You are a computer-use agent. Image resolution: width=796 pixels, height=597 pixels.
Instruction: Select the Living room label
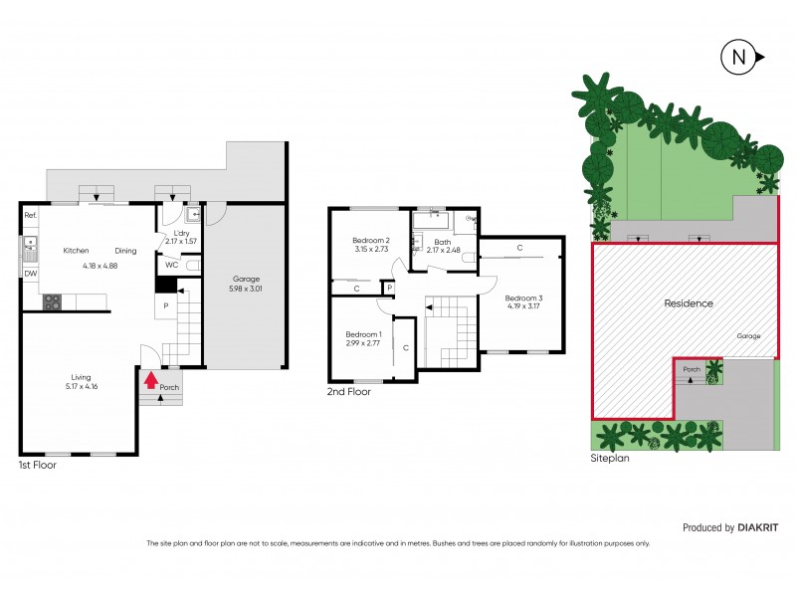point(81,377)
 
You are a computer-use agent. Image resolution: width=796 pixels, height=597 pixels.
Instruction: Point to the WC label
point(171,265)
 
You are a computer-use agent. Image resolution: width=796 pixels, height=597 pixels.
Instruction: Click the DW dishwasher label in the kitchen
point(30,273)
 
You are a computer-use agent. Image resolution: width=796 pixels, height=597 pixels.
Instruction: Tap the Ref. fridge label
point(30,216)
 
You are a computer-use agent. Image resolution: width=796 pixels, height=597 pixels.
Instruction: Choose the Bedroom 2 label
point(370,241)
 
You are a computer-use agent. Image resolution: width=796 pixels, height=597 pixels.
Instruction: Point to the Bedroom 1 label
point(362,334)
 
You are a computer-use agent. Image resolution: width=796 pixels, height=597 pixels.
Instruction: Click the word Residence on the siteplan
point(689,303)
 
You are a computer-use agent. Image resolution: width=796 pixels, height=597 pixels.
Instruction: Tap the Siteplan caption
point(611,460)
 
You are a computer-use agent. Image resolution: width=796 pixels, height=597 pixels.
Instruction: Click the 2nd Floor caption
point(348,392)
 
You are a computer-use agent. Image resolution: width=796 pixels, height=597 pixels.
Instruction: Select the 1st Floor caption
point(38,465)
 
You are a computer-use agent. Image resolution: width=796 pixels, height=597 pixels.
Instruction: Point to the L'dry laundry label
point(181,233)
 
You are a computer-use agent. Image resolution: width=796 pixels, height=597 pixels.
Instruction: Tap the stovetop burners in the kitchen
point(53,302)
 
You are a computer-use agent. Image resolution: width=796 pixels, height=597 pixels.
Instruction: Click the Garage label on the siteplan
point(749,336)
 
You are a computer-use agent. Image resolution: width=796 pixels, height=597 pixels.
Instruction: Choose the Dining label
point(125,251)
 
